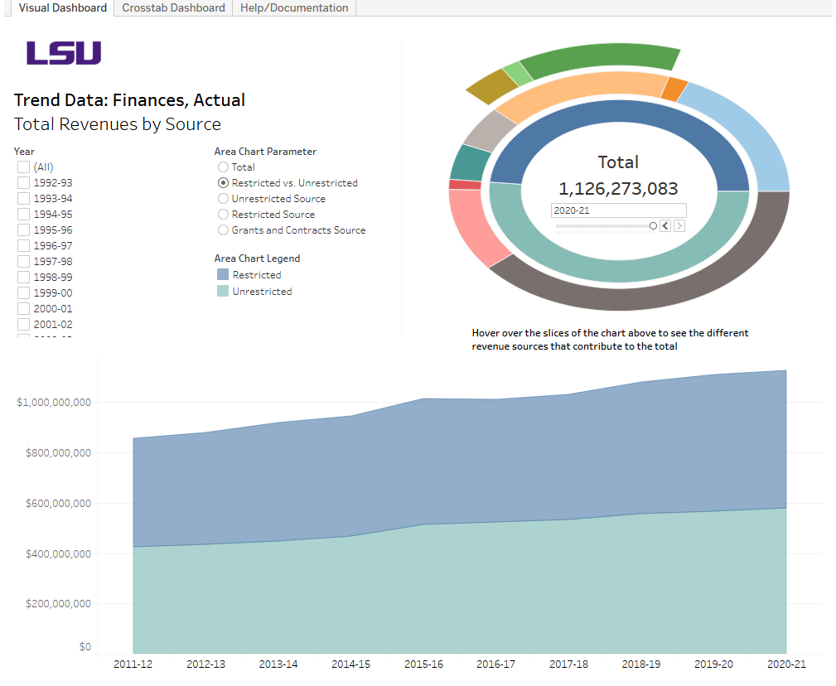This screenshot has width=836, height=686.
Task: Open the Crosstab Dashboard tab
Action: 173,7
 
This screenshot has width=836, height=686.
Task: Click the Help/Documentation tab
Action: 294,7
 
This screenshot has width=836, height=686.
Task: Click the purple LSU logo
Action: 64,54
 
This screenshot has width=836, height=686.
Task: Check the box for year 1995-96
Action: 23,230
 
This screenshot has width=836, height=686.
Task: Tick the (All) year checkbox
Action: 23,167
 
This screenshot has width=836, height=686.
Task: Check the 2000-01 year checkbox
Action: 23,309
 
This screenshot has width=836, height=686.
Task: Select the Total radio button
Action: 223,167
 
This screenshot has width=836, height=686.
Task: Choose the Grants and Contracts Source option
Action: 223,230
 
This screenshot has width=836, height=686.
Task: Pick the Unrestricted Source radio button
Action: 223,199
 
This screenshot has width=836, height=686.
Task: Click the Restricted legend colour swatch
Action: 223,275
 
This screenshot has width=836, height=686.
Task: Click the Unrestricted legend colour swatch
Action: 223,292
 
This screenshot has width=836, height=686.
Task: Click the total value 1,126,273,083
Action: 618,189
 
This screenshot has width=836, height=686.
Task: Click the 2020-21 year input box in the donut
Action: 618,210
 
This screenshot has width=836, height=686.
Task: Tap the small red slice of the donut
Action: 465,185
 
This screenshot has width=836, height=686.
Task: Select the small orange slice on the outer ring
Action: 675,89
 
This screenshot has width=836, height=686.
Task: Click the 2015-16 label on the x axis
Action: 423,664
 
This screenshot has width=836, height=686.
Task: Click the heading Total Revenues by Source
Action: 118,124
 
